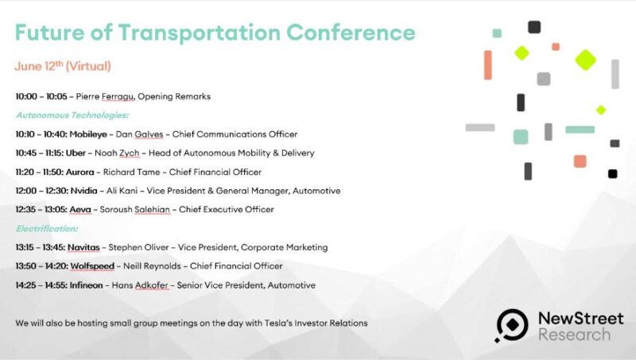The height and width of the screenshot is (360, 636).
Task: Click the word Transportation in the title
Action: (200, 33)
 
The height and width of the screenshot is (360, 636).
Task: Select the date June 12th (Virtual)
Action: (63, 66)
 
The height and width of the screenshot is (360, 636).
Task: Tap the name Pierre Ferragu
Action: (105, 96)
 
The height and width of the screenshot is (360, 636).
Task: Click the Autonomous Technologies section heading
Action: (72, 115)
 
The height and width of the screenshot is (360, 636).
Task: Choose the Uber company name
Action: (76, 153)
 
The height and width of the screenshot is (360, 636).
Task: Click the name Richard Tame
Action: (131, 172)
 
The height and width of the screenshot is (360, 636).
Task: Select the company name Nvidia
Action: (84, 191)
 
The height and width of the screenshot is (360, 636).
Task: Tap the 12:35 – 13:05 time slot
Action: (41, 210)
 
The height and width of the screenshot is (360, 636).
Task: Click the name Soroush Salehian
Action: (134, 210)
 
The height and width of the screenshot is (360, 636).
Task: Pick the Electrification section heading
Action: (47, 229)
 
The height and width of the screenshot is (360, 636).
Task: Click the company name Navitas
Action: (83, 247)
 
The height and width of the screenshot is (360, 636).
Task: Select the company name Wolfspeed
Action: (92, 266)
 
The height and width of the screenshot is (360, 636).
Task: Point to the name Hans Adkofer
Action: (140, 285)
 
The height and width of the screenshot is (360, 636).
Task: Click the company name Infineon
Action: (86, 285)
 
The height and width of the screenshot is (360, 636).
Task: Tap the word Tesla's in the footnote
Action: (278, 323)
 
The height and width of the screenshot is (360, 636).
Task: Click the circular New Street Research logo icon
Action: (511, 325)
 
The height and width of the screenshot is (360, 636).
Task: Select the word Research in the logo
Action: (574, 335)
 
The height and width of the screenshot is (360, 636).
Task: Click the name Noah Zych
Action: (117, 153)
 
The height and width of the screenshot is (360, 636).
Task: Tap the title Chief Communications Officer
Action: (235, 134)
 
